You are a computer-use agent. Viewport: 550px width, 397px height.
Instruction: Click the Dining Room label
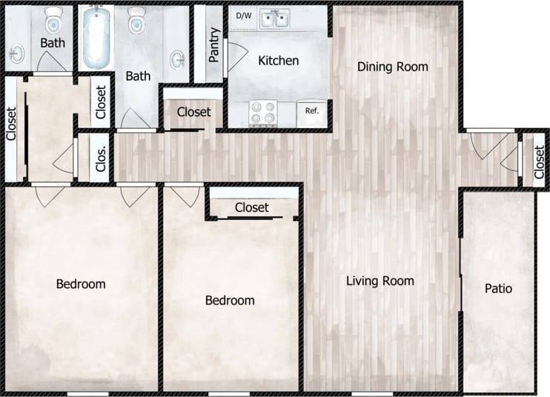click(x=392, y=67)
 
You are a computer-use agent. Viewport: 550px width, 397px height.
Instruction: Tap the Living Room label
click(x=380, y=281)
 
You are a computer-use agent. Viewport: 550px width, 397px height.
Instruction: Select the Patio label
click(x=498, y=288)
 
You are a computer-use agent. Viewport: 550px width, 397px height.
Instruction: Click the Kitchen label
click(x=278, y=60)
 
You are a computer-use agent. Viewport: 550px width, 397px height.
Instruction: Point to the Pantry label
click(x=214, y=45)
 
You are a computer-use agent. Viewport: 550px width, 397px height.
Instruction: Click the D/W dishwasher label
click(x=243, y=16)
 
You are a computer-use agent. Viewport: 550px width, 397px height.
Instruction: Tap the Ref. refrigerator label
click(x=311, y=111)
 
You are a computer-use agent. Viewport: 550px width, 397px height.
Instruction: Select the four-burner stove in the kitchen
click(x=262, y=112)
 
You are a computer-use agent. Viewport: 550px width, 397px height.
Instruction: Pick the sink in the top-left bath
click(x=16, y=53)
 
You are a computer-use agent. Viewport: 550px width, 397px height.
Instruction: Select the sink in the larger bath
click(x=178, y=59)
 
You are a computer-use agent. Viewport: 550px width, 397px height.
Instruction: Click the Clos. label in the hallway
click(x=102, y=157)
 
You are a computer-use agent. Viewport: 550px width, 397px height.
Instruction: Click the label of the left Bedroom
click(x=81, y=284)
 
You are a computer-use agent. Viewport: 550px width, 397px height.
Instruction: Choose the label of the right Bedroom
click(x=230, y=300)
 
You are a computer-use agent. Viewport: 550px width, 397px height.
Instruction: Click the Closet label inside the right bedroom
click(x=252, y=207)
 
